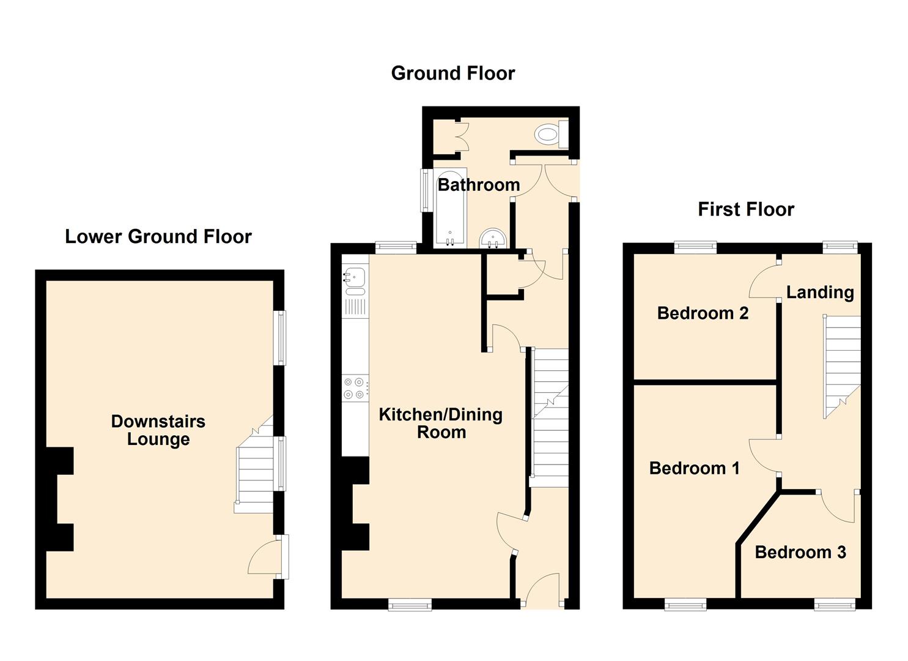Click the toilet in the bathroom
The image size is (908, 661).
click(x=551, y=134)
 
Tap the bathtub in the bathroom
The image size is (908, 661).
click(x=451, y=207)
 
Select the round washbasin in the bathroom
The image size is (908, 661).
click(x=493, y=239)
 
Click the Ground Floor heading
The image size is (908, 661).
click(x=453, y=73)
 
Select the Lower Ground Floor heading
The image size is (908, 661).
click(x=158, y=237)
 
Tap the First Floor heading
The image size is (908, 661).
click(x=746, y=209)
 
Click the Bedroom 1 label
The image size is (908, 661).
click(x=695, y=468)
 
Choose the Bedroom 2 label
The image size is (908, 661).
click(x=703, y=313)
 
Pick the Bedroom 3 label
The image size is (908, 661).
click(x=800, y=552)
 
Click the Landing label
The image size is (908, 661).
click(x=820, y=293)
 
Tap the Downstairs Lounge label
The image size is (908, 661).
click(x=158, y=430)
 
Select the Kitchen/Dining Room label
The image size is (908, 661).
click(x=441, y=423)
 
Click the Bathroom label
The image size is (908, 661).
click(x=479, y=185)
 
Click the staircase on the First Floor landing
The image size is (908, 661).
click(x=841, y=367)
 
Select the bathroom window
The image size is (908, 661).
click(x=425, y=190)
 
